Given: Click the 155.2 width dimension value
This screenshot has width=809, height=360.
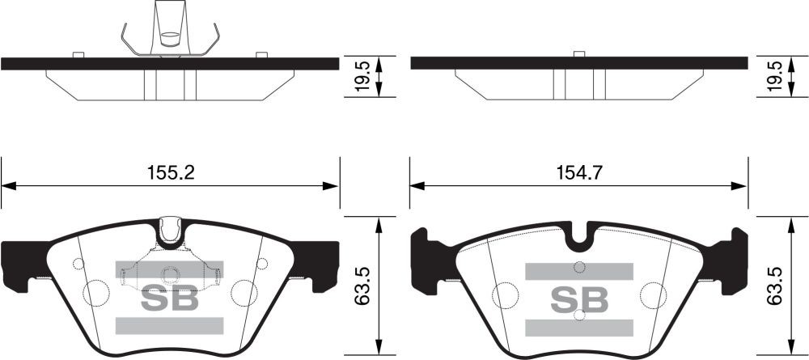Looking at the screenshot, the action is coord(171,173).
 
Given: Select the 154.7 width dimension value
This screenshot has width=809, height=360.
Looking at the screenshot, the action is coord(578,173).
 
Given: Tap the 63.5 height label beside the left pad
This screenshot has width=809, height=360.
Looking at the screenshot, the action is coord(363,286).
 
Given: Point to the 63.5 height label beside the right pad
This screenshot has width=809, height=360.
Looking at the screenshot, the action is coord(775,286).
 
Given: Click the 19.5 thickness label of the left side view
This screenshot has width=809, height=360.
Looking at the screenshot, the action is coord(363,76).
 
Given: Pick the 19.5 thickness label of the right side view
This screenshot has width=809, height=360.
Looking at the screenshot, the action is coord(775,76).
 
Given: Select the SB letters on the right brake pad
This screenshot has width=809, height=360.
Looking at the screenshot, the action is coord(579,299).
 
